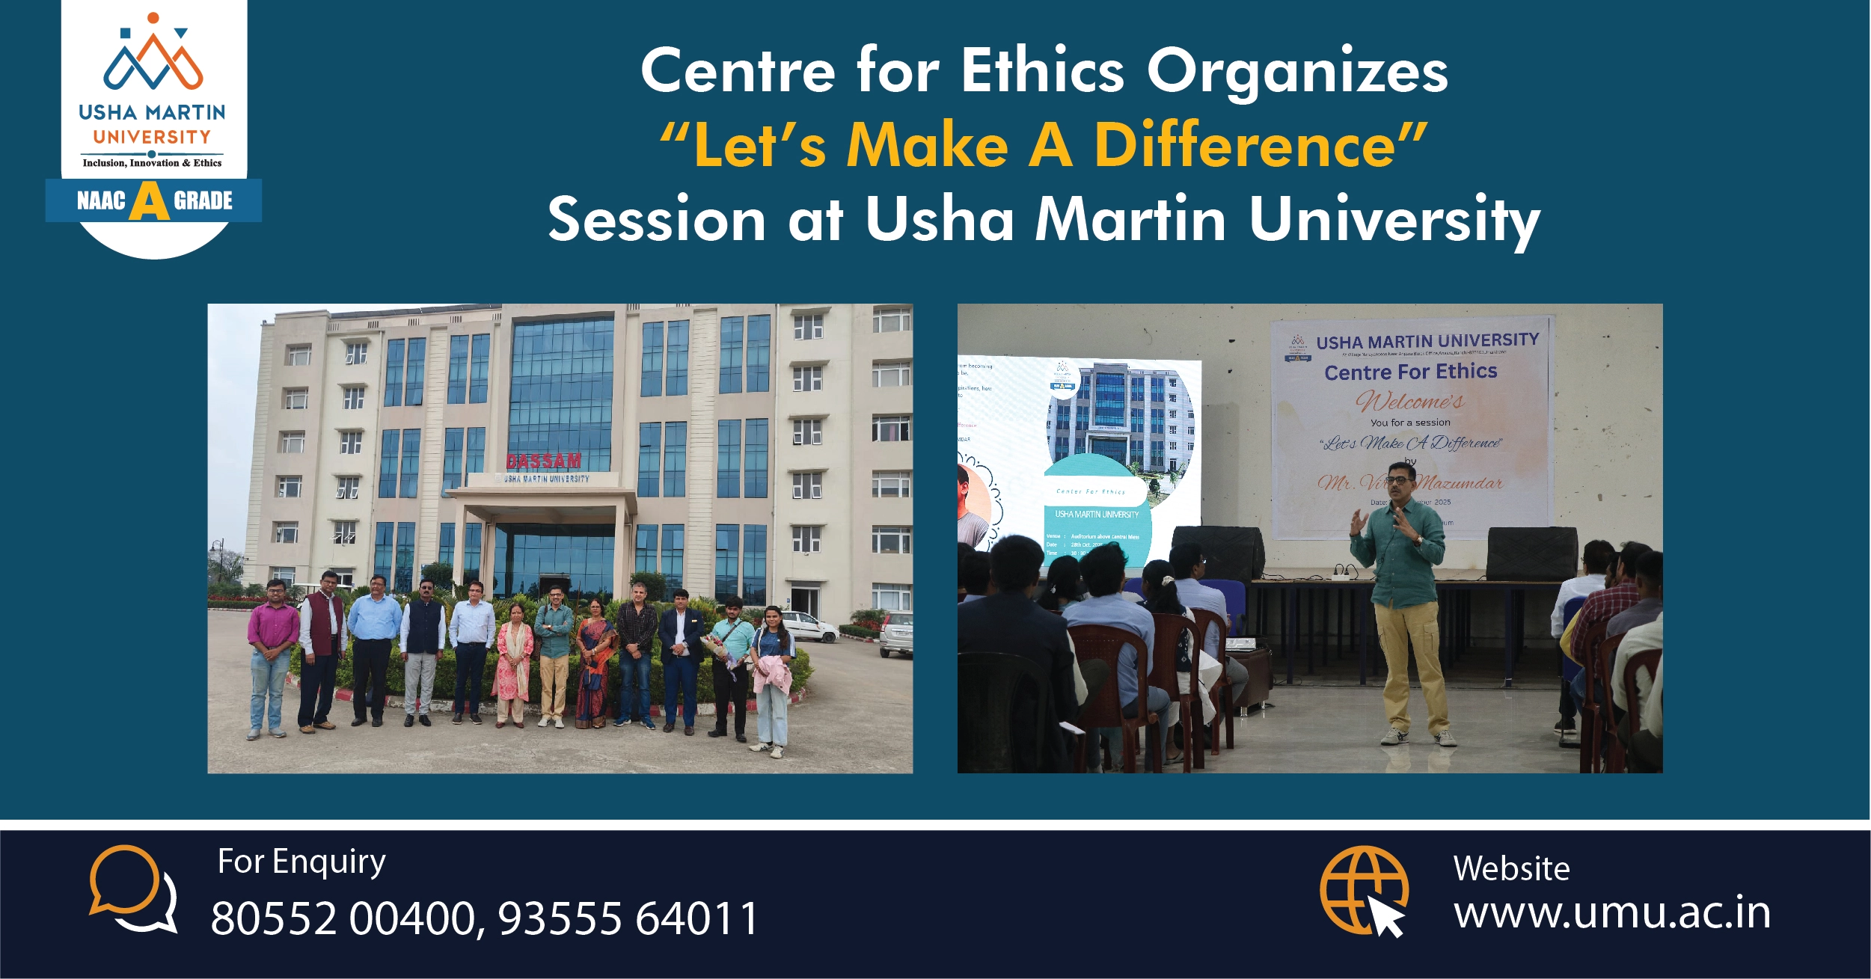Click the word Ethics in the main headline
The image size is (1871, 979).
point(1042,71)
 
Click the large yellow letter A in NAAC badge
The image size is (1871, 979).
point(149,201)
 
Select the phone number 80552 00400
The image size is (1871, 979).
point(343,918)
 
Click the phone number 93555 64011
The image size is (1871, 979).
point(628,918)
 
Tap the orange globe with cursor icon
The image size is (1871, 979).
point(1364,890)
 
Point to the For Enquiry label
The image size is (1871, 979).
point(301,862)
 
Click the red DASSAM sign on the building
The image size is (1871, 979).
point(543,460)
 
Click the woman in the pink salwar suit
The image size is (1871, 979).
point(514,662)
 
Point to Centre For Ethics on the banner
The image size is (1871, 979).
point(1410,372)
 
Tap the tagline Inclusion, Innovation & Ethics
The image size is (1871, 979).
point(152,163)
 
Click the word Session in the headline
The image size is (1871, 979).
point(656,220)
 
